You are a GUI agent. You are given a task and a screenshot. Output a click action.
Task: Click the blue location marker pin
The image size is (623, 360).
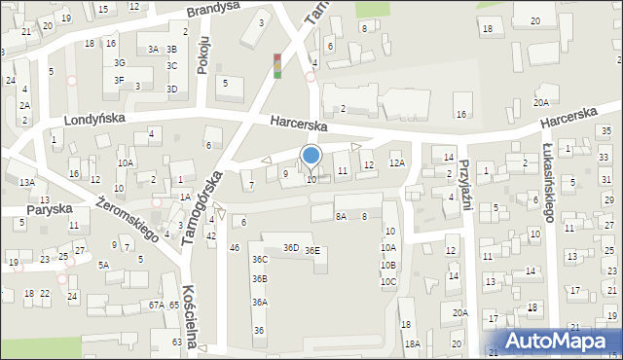click(x=311, y=157)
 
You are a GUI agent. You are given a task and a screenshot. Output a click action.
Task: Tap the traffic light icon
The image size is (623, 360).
click(x=277, y=65)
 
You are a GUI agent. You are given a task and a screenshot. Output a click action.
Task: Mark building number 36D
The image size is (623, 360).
click(x=290, y=248)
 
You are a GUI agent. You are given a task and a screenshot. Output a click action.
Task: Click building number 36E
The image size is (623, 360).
click(x=311, y=251)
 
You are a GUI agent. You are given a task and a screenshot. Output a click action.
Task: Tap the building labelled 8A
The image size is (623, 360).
click(x=341, y=216)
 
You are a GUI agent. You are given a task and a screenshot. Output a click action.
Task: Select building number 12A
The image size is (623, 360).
click(x=396, y=163)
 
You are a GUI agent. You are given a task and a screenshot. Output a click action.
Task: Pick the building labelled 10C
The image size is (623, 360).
click(x=387, y=282)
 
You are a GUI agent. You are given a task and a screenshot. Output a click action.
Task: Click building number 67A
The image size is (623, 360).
click(x=156, y=306)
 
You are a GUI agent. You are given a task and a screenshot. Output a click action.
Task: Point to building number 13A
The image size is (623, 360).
click(x=26, y=182)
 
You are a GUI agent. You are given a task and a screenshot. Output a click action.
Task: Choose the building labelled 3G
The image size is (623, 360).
click(x=119, y=63)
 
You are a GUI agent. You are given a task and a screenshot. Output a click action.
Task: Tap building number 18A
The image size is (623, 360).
click(x=412, y=343)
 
